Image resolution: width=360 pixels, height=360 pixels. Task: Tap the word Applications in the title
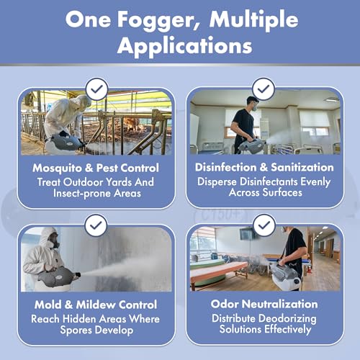pyautogui.click(x=185, y=45)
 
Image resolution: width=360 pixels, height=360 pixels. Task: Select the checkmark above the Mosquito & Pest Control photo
pyautogui.click(x=97, y=89)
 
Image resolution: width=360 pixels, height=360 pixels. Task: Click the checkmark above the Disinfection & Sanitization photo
pyautogui.click(x=264, y=89)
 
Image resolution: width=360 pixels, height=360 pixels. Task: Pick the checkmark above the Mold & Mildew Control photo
pyautogui.click(x=96, y=225)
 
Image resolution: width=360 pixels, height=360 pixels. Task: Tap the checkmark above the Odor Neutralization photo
pyautogui.click(x=264, y=225)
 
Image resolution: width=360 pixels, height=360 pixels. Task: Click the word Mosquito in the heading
pyautogui.click(x=57, y=168)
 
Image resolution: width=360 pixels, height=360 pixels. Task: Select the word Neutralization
pyautogui.click(x=279, y=304)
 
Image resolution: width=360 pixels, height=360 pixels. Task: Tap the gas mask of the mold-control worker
pyautogui.click(x=53, y=242)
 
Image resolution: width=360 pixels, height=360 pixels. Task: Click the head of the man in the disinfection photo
pyautogui.click(x=253, y=104)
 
